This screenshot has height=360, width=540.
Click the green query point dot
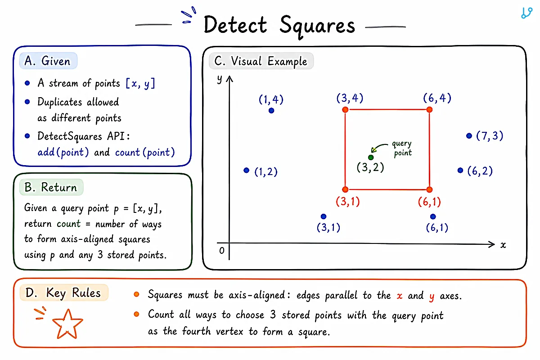click(371, 157)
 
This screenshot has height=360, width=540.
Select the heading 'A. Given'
click(48, 61)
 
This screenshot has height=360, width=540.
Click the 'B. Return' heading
click(50, 187)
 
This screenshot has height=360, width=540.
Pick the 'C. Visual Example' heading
click(261, 61)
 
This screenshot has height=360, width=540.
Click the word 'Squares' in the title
click(317, 26)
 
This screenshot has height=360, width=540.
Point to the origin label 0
click(222, 251)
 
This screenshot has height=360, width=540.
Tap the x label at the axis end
click(503, 245)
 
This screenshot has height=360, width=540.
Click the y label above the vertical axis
click(220, 79)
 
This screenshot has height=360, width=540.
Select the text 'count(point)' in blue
click(145, 153)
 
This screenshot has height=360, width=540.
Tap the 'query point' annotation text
click(402, 148)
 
